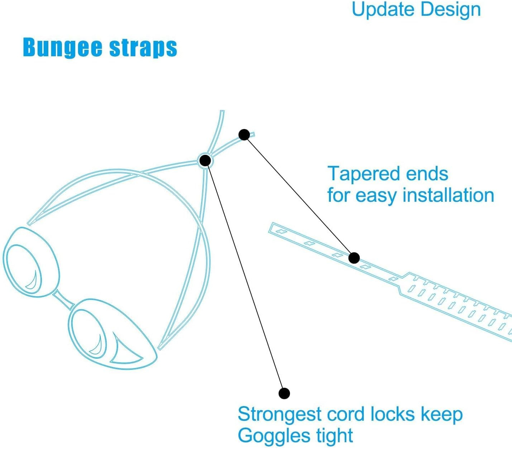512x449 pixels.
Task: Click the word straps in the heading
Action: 143,48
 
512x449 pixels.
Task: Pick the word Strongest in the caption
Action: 280,415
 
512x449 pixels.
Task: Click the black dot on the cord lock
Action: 205,161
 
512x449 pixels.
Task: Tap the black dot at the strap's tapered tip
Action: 244,135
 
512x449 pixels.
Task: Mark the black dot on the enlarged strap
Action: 354,258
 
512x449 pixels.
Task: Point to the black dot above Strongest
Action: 284,393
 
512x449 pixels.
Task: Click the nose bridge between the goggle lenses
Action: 64,300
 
